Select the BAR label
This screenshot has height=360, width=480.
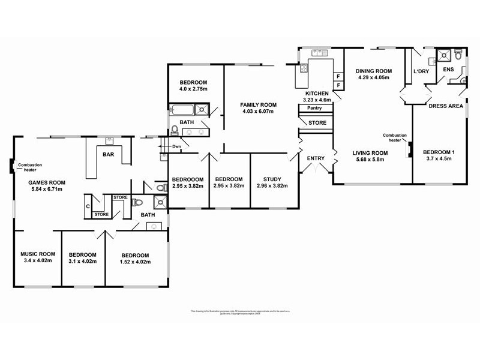tap(109, 155)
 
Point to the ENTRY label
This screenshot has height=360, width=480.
tap(315, 158)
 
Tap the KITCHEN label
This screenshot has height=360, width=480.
tap(317, 94)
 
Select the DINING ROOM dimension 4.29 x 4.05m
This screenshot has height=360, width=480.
tap(374, 77)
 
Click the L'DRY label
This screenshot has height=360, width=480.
tap(421, 72)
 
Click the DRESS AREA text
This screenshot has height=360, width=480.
tap(445, 106)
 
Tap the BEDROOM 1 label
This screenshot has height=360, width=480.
tap(439, 152)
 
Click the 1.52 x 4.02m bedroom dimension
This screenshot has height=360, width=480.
tap(134, 262)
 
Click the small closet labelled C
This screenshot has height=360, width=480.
tap(88, 206)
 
